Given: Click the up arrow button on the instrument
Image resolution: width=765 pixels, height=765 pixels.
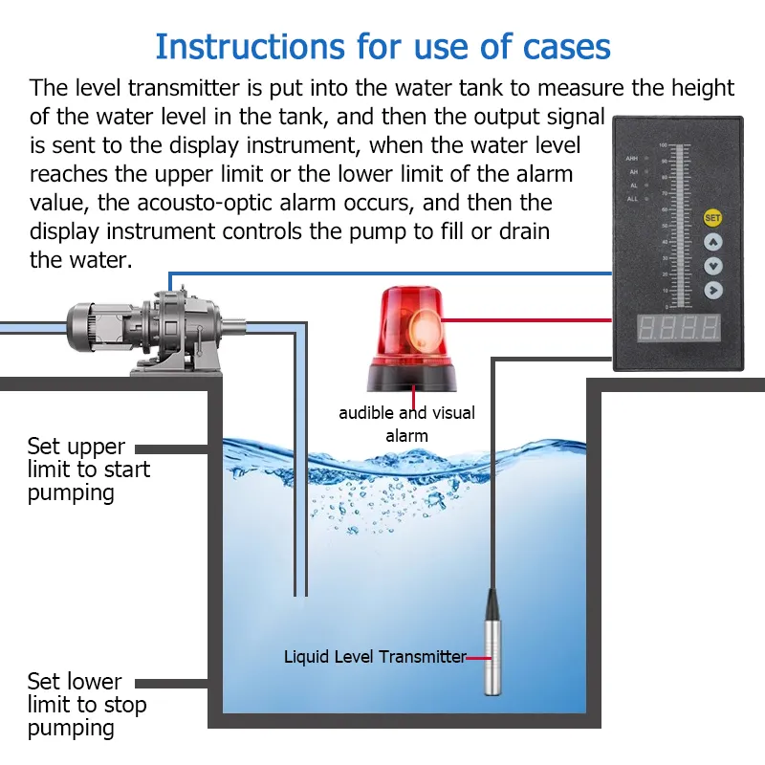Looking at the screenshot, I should [712, 242].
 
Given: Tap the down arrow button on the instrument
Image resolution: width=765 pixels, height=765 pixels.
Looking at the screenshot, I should [712, 266].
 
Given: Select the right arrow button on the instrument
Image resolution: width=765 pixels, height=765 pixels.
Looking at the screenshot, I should [712, 289].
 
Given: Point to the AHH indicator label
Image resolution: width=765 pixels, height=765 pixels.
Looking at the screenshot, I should [632, 158].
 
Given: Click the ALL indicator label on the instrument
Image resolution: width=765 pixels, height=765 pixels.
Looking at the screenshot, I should [632, 198].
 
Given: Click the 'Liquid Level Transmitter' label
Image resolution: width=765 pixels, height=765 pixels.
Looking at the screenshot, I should [375, 657].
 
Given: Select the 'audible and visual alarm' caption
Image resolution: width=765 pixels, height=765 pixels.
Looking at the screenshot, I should [406, 424].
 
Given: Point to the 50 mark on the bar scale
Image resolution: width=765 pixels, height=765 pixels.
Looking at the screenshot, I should [663, 230].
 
